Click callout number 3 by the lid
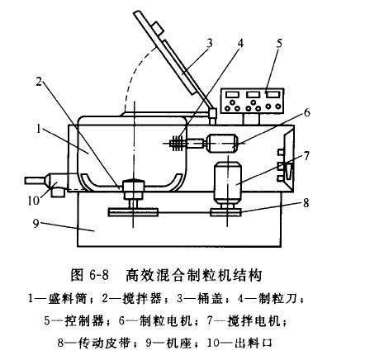(x=210, y=43)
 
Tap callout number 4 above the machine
(x=240, y=43)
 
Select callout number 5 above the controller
(x=279, y=43)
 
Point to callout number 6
(x=306, y=112)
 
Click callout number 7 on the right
(x=306, y=156)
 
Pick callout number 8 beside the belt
(x=306, y=203)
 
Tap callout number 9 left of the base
(x=36, y=224)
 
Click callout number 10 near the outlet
(x=34, y=201)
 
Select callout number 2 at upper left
(x=39, y=82)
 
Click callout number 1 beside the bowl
(x=39, y=129)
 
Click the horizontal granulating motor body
(x=222, y=143)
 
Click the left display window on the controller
(x=233, y=94)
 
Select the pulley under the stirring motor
(x=225, y=212)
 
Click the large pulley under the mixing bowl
(x=133, y=212)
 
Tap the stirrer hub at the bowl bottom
(x=133, y=187)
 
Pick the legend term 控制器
(x=84, y=321)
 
